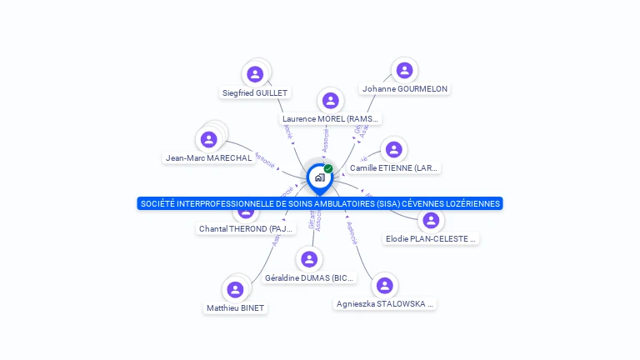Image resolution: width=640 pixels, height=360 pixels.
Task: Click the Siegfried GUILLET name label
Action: (255, 93)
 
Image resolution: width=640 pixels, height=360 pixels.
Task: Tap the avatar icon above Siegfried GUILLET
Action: (255, 74)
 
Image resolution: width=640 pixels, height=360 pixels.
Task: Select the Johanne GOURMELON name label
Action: (405, 89)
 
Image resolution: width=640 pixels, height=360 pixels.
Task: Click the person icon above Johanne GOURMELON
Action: (404, 70)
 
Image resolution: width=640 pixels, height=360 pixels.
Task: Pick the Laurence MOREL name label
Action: (331, 119)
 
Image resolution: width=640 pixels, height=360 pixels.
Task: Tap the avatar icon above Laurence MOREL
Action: (331, 101)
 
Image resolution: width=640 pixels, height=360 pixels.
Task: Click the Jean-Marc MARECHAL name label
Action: (208, 158)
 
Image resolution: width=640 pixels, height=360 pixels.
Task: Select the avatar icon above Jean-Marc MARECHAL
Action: (209, 139)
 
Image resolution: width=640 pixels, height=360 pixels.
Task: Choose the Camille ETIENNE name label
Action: (394, 168)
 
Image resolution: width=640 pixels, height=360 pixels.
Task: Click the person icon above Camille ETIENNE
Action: (394, 150)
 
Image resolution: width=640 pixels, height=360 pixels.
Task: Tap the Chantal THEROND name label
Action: (246, 229)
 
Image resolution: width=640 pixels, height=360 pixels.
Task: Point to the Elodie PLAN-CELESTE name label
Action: (431, 239)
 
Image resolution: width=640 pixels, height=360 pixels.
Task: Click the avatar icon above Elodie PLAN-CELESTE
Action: (431, 221)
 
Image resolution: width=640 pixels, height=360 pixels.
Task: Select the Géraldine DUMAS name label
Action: (309, 278)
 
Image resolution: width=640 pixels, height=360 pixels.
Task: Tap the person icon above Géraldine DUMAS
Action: (309, 259)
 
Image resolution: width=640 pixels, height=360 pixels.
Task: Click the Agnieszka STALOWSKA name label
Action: (385, 304)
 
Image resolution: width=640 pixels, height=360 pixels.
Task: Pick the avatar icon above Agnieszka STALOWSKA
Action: (384, 286)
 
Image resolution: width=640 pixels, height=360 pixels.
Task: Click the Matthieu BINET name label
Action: (235, 308)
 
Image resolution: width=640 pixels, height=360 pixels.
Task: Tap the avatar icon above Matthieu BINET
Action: (235, 289)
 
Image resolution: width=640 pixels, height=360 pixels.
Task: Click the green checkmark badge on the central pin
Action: (328, 168)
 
